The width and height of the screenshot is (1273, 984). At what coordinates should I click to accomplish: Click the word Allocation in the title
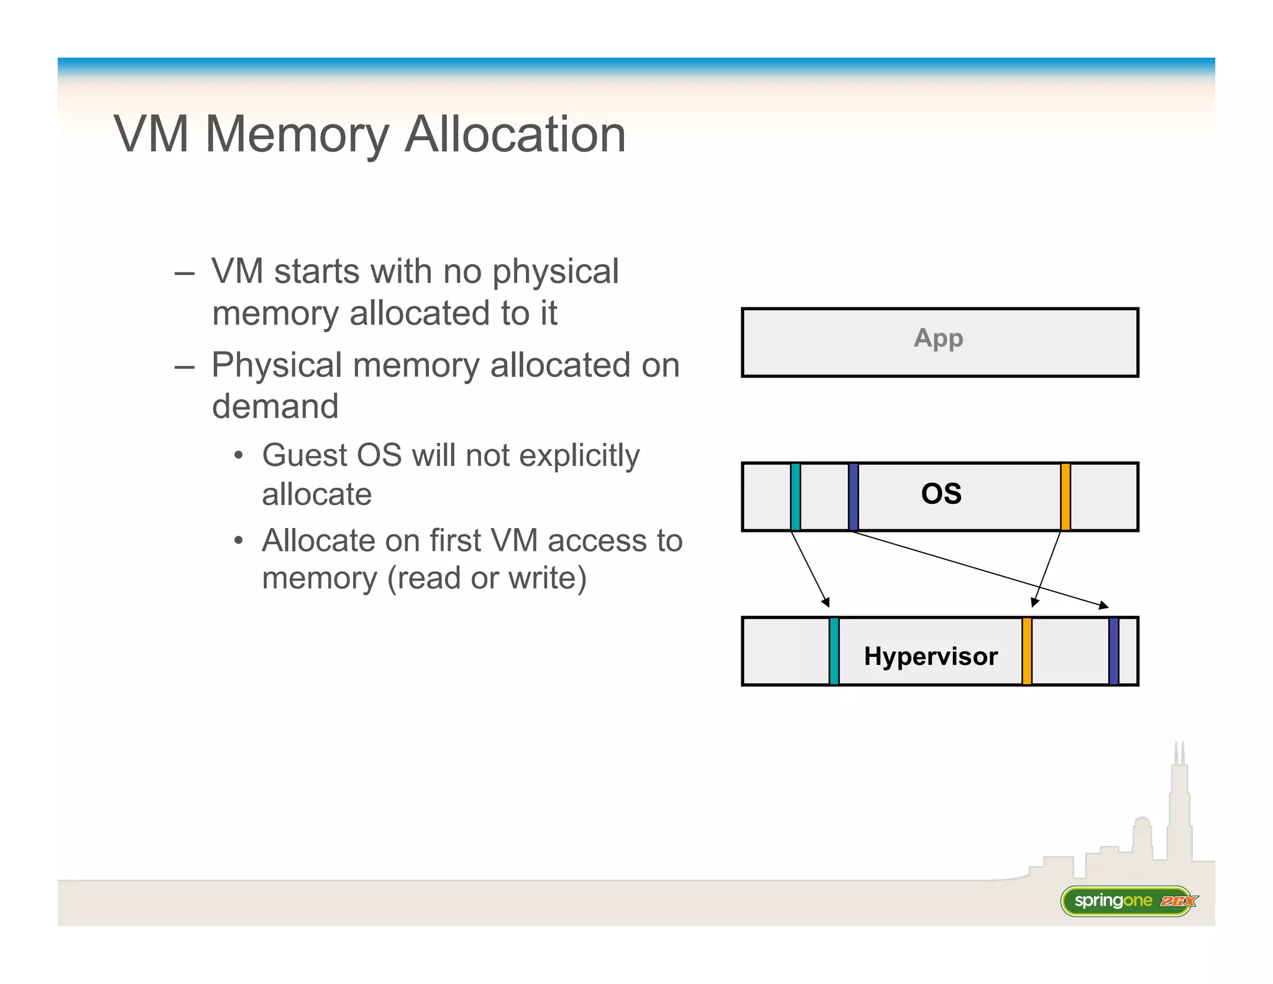coord(515,134)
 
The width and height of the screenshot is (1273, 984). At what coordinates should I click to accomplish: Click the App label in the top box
coord(938,338)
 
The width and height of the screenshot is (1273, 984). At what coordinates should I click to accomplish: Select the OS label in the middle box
coord(941,494)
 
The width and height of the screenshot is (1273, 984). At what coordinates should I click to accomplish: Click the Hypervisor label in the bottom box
coord(931,656)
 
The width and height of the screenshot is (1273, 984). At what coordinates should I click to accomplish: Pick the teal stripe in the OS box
coord(795,496)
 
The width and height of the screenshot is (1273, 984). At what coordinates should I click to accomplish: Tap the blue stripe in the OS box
coord(853,496)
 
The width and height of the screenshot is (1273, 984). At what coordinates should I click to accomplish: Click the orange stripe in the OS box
coord(1065,496)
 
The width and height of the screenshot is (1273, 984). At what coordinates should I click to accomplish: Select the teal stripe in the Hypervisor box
coord(834,651)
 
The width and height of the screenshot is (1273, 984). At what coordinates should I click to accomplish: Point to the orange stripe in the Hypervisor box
coord(1026,651)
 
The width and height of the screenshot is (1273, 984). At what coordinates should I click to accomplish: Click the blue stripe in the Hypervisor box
coord(1113,651)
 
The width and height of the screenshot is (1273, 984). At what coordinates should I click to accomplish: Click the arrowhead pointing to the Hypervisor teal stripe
coord(826,602)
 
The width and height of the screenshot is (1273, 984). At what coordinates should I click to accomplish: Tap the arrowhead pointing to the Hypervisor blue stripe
coord(1104,605)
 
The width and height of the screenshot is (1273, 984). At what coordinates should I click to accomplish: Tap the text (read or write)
coord(487,578)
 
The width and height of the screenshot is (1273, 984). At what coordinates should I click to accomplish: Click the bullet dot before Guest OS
coord(238,455)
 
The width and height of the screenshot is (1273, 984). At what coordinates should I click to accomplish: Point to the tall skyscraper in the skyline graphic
coord(1179,809)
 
